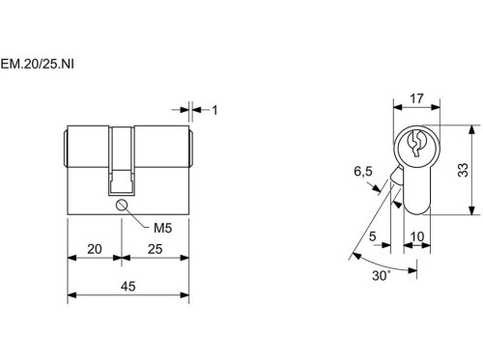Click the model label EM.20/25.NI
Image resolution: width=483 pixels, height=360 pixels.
point(37,65)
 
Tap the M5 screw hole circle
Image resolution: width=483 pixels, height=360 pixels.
point(122,205)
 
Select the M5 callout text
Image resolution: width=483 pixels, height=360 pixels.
point(163,228)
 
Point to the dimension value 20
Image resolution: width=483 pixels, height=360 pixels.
point(95,249)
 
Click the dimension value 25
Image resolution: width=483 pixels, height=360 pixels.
point(155,249)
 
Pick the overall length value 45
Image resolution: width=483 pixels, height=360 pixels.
point(128,287)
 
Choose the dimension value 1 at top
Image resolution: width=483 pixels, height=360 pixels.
point(214,110)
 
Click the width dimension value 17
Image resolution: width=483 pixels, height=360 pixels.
point(416,98)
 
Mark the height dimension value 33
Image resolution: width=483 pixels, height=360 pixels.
point(463,170)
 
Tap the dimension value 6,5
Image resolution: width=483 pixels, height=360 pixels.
point(363,172)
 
